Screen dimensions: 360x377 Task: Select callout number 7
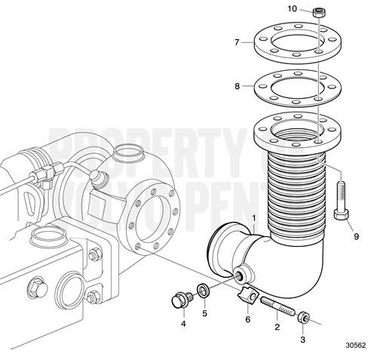[x=237, y=42]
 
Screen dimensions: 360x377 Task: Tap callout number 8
[x=237, y=87]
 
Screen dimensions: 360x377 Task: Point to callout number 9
[x=356, y=236]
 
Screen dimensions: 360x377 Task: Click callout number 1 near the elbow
[x=255, y=220]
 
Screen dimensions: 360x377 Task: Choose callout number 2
[x=277, y=327]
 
